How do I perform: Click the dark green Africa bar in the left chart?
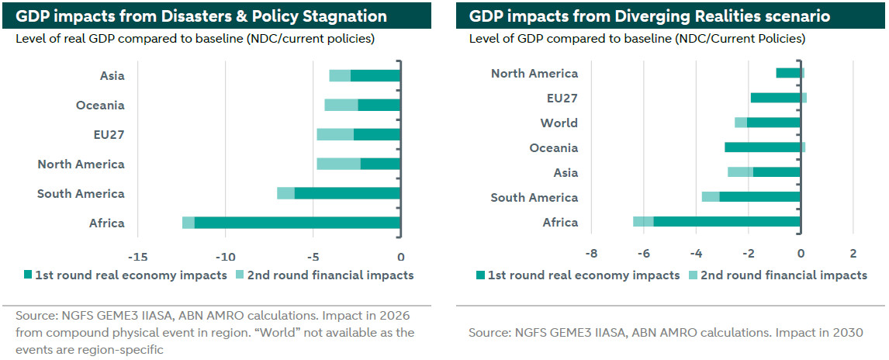click(297, 223)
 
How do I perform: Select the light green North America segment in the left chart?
click(338, 164)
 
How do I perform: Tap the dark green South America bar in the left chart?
click(347, 193)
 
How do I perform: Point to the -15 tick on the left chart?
click(137, 257)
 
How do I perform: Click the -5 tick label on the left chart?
click(312, 257)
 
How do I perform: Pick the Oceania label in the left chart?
click(100, 106)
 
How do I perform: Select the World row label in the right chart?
click(559, 123)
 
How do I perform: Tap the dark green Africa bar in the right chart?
click(727, 222)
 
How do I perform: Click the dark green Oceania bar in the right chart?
click(763, 147)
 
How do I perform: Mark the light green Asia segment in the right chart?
click(740, 172)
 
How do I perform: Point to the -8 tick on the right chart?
click(591, 253)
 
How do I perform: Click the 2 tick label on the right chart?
click(853, 253)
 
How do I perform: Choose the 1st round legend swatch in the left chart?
click(29, 275)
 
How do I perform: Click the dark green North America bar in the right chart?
click(788, 73)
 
